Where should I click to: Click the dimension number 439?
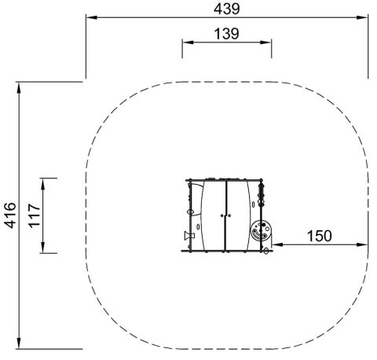(227, 9)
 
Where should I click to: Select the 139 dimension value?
(227, 34)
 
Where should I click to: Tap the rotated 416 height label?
(10, 215)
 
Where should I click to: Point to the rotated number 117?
(35, 215)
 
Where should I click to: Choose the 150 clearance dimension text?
(319, 236)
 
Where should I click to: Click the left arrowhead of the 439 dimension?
(92, 17)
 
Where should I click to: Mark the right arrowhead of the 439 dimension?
(362, 17)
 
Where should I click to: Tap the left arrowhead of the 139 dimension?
(188, 42)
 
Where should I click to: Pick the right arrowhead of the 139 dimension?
(265, 42)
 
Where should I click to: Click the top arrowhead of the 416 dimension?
(19, 88)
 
